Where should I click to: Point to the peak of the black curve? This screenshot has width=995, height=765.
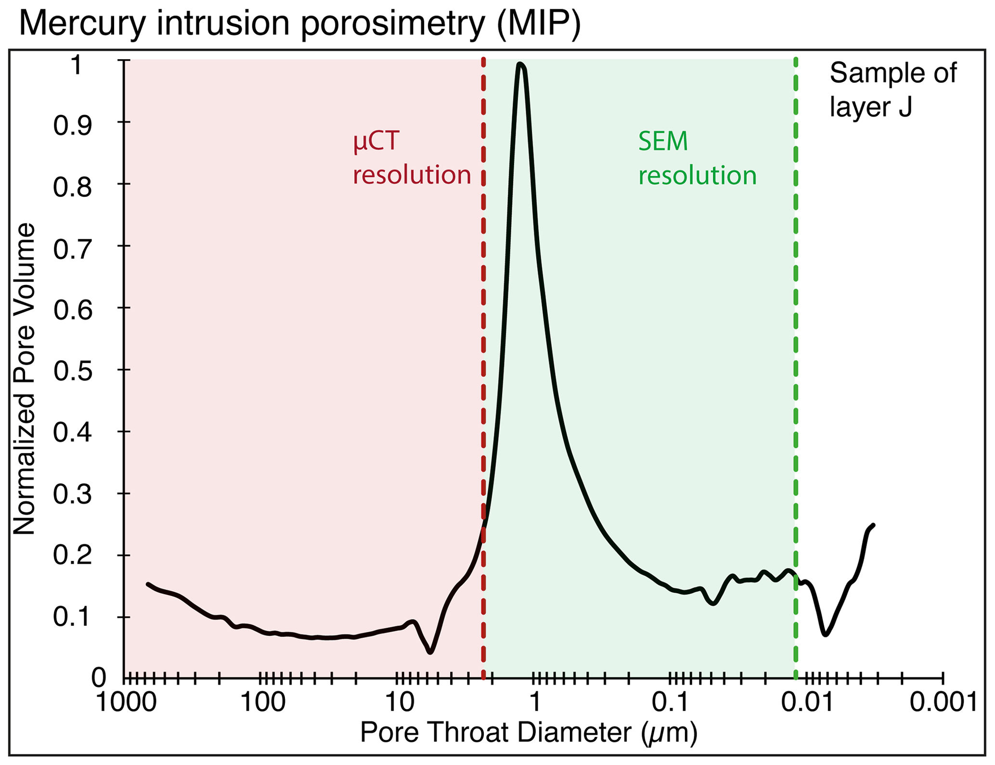tap(520, 64)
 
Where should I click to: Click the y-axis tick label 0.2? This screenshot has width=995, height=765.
tap(72, 556)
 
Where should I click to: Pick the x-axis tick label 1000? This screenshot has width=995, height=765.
tap(127, 702)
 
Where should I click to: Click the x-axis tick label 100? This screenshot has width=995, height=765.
tap(263, 702)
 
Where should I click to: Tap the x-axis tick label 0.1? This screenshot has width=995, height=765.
tap(671, 702)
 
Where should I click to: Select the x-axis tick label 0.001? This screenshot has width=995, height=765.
tap(943, 702)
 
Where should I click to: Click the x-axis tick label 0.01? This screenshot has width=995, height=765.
tap(807, 702)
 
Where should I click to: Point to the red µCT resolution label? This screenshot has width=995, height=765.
tap(412, 158)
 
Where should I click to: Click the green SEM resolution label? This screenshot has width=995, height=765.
tap(698, 158)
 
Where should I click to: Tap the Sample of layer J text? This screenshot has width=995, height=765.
tap(893, 90)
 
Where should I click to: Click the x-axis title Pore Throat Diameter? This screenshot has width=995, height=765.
tap(529, 733)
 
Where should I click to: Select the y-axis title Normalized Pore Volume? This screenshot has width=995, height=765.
tap(24, 379)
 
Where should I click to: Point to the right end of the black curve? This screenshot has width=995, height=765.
tap(873, 525)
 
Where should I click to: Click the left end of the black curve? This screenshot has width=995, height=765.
tap(148, 584)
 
